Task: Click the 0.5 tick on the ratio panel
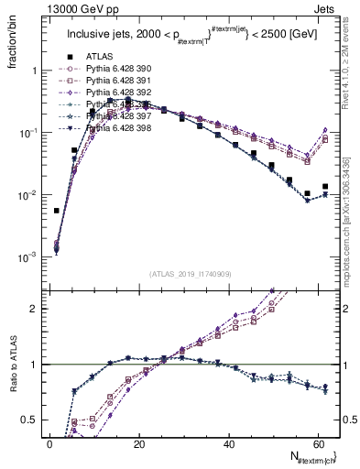27,420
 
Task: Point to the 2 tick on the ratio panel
31,309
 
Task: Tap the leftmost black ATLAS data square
57,211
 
